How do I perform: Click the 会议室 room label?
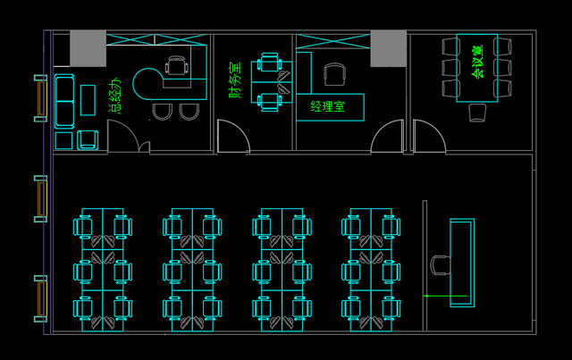click(477, 62)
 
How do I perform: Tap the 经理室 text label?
click(328, 106)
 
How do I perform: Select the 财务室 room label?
click(235, 80)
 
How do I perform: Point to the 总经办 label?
click(114, 96)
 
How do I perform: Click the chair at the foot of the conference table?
click(477, 113)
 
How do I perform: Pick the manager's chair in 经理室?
click(334, 74)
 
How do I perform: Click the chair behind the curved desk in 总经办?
click(177, 65)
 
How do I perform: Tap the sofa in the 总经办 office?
click(64, 102)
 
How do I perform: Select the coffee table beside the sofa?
click(88, 100)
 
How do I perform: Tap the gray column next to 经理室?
click(389, 48)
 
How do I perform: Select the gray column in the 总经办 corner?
click(88, 48)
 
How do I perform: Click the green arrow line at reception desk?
click(445, 296)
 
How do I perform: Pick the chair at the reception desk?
click(441, 265)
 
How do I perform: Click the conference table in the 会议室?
click(477, 68)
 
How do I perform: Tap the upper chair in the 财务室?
click(269, 63)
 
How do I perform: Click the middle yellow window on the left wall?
click(42, 199)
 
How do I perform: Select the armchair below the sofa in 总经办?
click(88, 140)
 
